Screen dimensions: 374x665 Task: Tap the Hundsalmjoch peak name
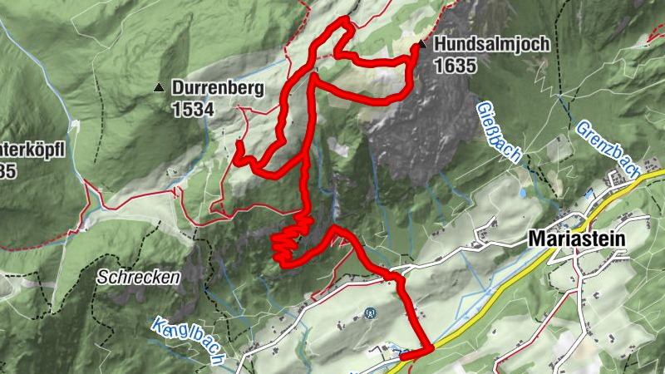[491, 45]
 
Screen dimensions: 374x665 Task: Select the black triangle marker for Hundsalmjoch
[423, 45]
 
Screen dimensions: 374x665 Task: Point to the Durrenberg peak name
[219, 86]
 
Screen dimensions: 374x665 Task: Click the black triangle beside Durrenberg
[159, 86]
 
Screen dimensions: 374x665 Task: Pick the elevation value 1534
[193, 108]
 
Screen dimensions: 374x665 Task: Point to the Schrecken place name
[137, 278]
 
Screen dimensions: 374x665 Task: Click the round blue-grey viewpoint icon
[371, 313]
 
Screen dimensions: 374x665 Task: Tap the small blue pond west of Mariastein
[521, 193]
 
